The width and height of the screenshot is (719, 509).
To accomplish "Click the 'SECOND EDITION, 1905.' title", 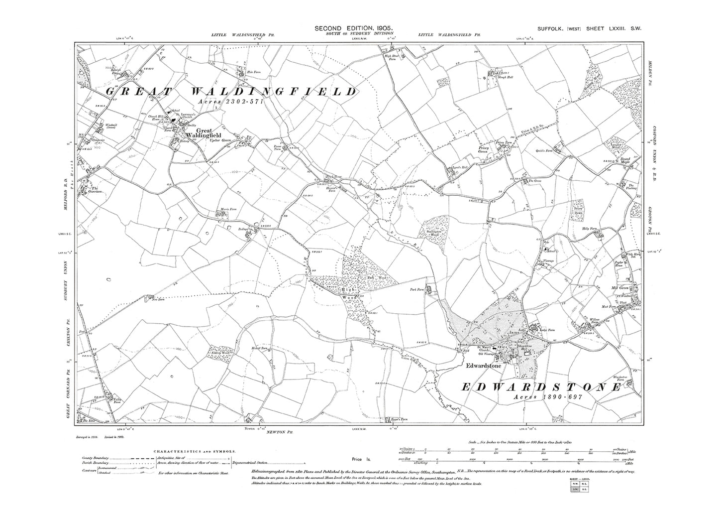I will point(354,29).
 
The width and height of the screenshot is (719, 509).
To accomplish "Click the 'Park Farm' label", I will point(416,288).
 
